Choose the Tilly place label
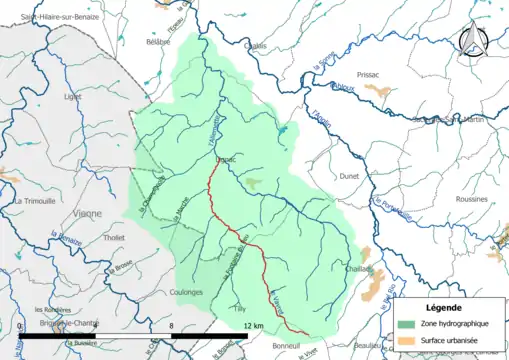tap(237, 310)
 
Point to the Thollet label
tap(115, 238)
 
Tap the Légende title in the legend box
tap(445, 306)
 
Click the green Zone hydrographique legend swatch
tap(404, 324)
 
